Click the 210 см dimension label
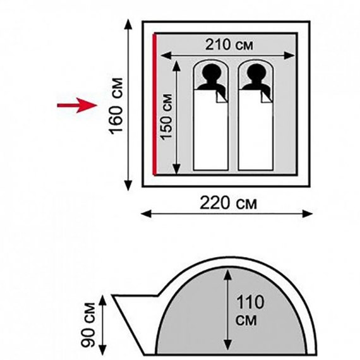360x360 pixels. click(x=229, y=45)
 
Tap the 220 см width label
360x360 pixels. click(x=228, y=203)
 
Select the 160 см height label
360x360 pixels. click(x=116, y=106)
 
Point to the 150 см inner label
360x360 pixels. click(x=167, y=117)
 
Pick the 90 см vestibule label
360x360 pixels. click(x=88, y=325)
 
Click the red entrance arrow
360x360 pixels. click(x=78, y=105)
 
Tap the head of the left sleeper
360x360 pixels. click(x=211, y=73)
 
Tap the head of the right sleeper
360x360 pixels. click(x=256, y=73)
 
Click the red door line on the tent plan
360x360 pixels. click(x=155, y=104)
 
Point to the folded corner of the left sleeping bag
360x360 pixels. click(x=222, y=97)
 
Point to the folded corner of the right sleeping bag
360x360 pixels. click(x=267, y=97)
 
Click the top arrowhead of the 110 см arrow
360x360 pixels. click(x=227, y=275)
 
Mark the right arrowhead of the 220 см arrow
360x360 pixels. click(x=307, y=213)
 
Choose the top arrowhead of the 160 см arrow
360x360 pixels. click(x=128, y=25)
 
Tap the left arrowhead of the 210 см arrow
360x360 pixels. click(x=165, y=56)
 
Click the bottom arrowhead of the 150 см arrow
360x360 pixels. click(x=176, y=169)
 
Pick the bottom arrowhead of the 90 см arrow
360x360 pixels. click(x=102, y=349)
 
